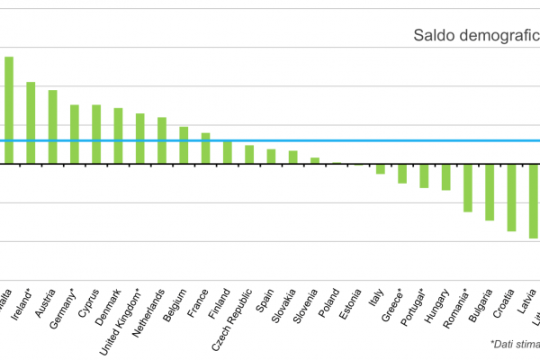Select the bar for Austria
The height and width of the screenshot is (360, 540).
click(x=52, y=127)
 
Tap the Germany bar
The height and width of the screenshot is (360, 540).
click(x=75, y=134)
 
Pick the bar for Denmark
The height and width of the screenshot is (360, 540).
click(x=118, y=136)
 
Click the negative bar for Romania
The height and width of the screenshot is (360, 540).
click(x=468, y=188)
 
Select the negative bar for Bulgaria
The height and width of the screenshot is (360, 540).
click(x=490, y=193)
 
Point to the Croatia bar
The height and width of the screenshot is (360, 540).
click(x=511, y=198)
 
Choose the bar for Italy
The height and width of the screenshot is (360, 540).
click(x=381, y=169)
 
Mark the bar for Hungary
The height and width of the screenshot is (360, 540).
click(x=445, y=177)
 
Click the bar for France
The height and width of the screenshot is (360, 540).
click(x=205, y=148)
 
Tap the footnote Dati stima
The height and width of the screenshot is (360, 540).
click(x=514, y=344)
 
